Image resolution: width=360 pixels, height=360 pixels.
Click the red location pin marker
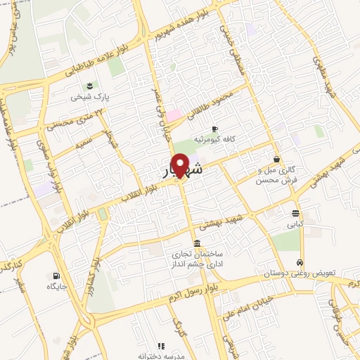[180, 166]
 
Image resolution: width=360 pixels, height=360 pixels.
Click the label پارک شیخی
[86, 98]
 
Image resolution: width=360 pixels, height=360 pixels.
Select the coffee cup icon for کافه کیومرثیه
[214, 129]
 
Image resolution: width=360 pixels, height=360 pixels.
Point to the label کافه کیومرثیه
[217, 139]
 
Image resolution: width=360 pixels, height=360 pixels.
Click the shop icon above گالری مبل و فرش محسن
[276, 159]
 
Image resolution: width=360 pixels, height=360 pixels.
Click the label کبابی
[292, 226]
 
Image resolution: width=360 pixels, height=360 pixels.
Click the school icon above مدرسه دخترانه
[161, 346]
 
